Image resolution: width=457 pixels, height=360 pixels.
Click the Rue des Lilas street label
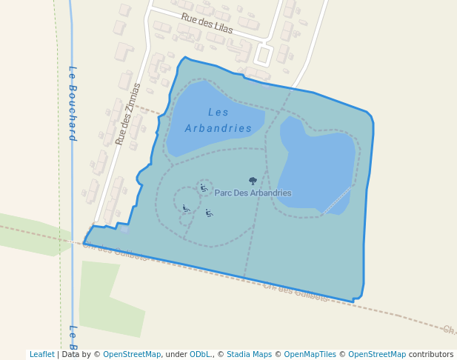coord(207,24)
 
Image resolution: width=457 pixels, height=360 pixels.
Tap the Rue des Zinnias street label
coord(127,113)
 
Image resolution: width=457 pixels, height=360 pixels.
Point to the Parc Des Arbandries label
coord(253,193)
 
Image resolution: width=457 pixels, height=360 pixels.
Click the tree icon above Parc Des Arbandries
coord(253,181)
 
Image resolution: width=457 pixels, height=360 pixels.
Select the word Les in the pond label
coord(219,113)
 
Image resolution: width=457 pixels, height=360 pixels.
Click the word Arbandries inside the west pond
coord(219,128)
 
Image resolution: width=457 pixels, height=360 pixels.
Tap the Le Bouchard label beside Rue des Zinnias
coord(73,103)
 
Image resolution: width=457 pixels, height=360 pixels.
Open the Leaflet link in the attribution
coord(42,355)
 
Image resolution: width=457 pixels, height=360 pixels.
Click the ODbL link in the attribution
coord(201,355)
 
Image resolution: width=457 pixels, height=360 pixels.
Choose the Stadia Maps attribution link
coord(249,355)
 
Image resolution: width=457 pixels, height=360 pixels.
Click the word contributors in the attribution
coord(431,355)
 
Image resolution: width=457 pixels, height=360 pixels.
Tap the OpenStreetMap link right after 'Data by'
coord(132,355)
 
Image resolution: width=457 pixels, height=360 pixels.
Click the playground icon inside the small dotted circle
coord(204,188)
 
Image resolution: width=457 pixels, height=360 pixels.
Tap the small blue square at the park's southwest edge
coord(124,229)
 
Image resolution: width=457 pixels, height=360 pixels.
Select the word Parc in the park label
coord(223,193)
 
